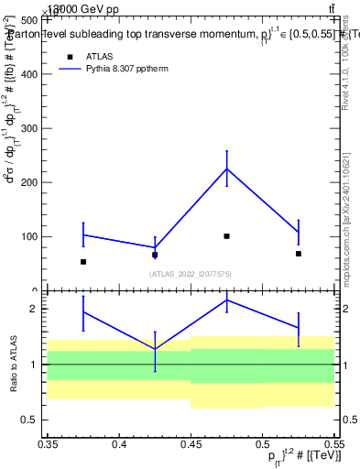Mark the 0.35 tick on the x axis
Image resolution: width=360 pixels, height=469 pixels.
tap(48, 443)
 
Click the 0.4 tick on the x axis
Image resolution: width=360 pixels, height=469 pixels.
tap(119, 443)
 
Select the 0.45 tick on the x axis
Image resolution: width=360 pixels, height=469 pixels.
tap(191, 443)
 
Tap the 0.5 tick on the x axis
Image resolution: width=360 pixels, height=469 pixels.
tap(262, 443)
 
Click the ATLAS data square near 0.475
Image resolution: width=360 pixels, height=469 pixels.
tap(226, 236)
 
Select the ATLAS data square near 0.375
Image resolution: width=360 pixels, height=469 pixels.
tap(83, 262)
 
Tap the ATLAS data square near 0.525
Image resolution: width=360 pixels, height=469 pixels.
tap(298, 254)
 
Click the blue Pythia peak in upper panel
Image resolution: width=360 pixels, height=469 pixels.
tap(226, 169)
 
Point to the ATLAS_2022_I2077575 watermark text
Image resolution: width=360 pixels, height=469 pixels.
tap(191, 273)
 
